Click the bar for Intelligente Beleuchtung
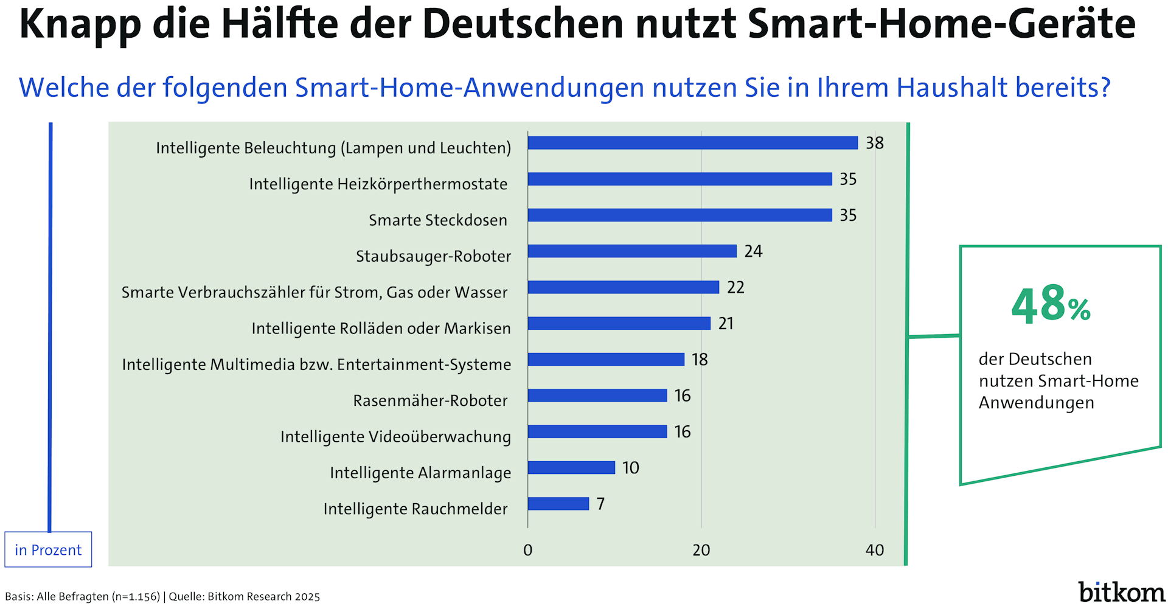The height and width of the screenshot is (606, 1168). point(692,143)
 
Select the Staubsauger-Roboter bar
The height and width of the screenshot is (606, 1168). point(632,251)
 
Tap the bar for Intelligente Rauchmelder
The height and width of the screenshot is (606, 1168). point(558,504)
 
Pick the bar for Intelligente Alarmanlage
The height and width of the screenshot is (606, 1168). point(571,467)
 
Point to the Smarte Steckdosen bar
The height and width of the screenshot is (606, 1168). point(680,215)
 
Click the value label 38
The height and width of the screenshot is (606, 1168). point(875,143)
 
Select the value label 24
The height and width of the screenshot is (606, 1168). point(753,251)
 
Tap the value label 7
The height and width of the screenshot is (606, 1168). point(600,504)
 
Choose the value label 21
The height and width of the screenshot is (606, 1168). point(726,323)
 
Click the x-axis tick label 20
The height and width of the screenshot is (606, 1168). point(701,550)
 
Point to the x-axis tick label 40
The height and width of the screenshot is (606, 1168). point(875,550)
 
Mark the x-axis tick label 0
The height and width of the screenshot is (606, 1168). point(527,550)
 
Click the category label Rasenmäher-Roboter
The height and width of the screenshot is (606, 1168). point(430,400)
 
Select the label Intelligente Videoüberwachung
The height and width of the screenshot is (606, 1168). point(395,436)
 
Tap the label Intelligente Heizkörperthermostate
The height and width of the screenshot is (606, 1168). point(378,184)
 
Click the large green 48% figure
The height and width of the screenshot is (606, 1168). point(1051,304)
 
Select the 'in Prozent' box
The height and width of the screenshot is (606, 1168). point(48,549)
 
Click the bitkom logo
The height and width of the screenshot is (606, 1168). point(1121,591)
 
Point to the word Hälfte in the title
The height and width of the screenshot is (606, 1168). point(279,24)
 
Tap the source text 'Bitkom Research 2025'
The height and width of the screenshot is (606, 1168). point(263,596)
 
